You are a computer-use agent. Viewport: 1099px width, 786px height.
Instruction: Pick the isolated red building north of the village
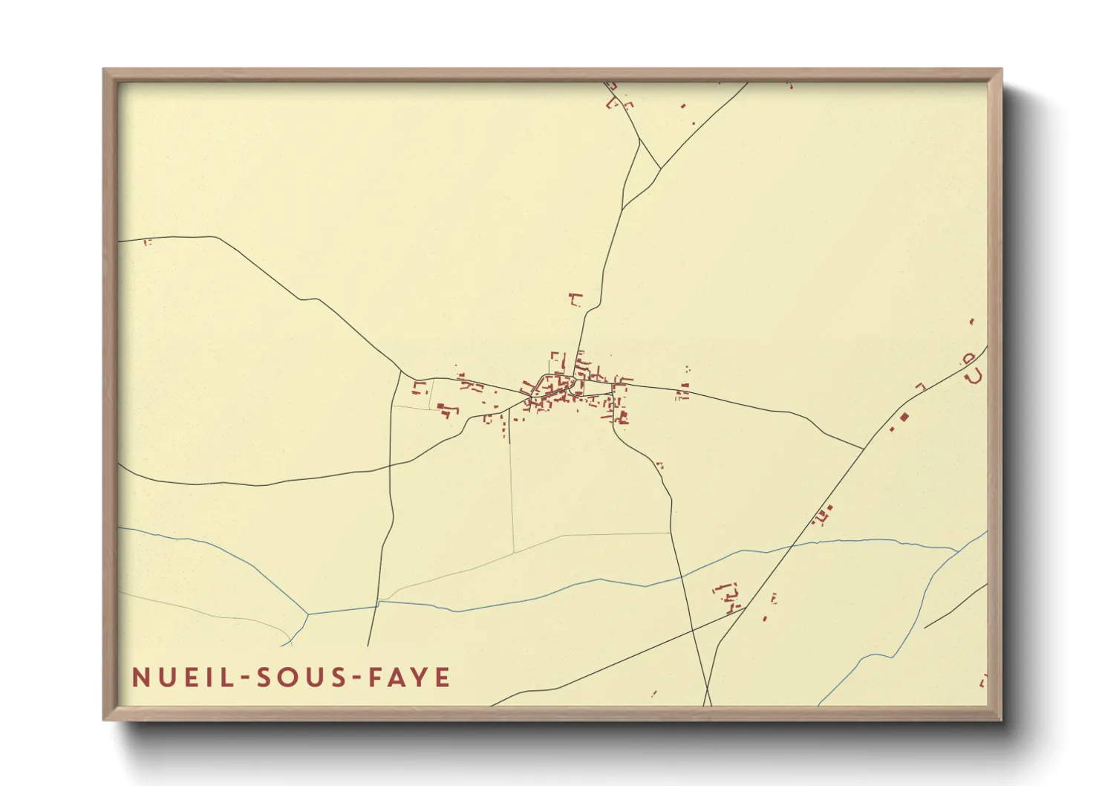pyautogui.click(x=575, y=299)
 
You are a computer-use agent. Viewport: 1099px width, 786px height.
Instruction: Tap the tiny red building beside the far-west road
pyautogui.click(x=147, y=241)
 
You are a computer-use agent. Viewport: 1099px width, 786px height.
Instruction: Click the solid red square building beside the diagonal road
pyautogui.click(x=904, y=417)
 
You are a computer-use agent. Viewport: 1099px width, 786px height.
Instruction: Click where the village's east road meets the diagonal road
pyautogui.click(x=862, y=449)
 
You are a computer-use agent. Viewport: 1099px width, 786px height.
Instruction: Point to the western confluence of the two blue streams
pyautogui.click(x=307, y=614)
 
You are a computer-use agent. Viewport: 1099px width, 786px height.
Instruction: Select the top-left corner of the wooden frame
pyautogui.click(x=105, y=71)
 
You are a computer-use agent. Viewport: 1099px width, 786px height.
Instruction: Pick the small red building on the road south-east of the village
pyautogui.click(x=659, y=466)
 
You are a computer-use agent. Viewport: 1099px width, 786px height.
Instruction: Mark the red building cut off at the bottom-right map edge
pyautogui.click(x=983, y=680)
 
